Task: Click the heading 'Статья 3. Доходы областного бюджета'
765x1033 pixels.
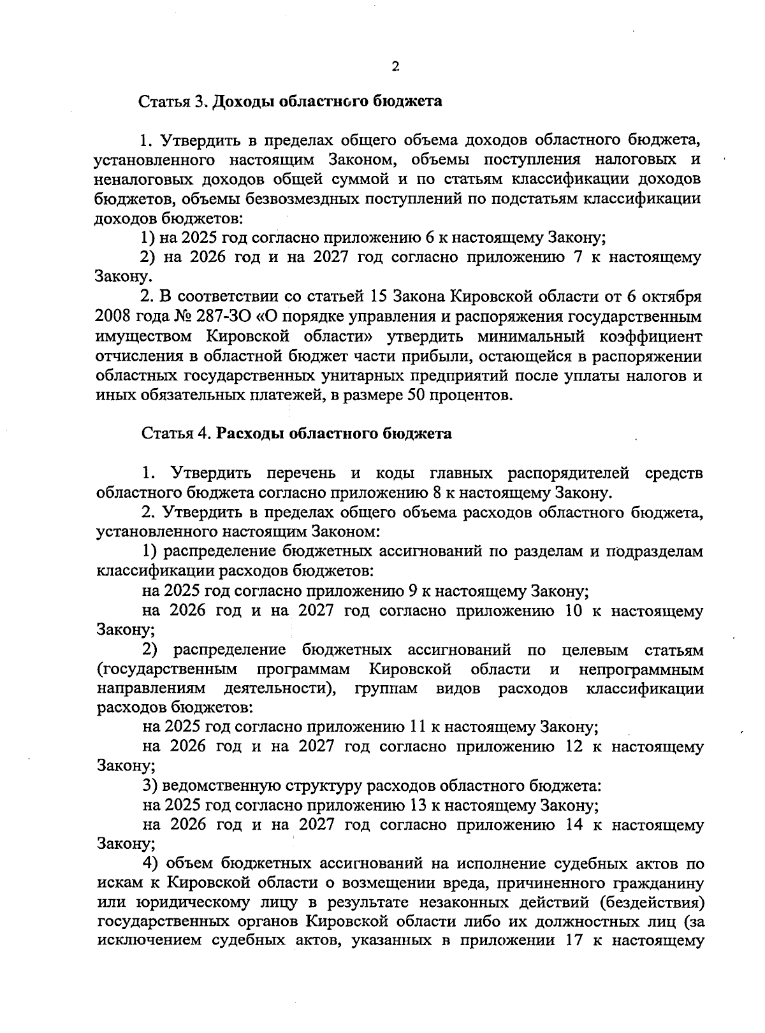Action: [291, 101]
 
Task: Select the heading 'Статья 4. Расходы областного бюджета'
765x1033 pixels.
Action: [296, 434]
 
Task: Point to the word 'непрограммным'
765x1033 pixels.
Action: [641, 670]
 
